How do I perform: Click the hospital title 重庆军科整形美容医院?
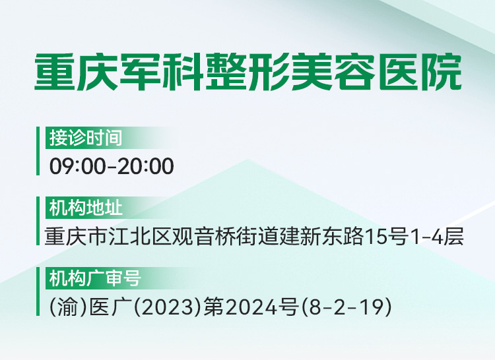247,72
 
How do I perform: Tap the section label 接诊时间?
86,138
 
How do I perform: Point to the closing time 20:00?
146,166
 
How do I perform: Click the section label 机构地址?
86,208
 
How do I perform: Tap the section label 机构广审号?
94,278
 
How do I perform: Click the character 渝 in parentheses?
67,307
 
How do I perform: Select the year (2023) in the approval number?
168,307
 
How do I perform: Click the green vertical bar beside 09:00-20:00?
38,151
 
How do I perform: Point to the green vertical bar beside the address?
38,221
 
